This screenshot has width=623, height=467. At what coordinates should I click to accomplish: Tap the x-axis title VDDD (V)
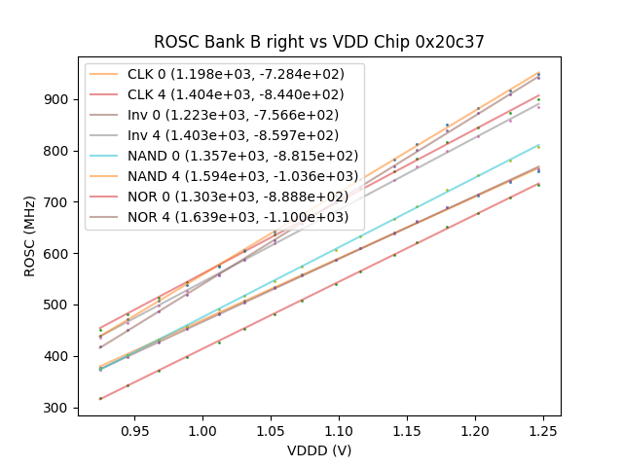point(318,450)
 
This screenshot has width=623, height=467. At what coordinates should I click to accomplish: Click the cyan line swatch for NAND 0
point(106,156)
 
